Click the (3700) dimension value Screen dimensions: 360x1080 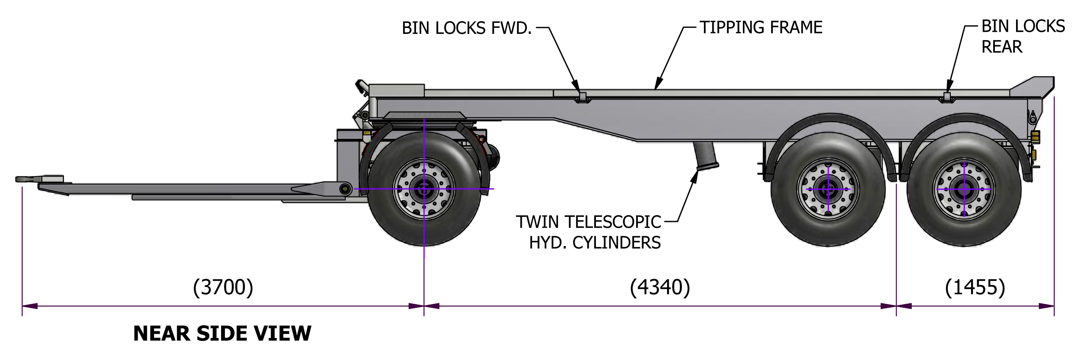click(x=223, y=288)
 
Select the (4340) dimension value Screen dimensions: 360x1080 click(x=660, y=288)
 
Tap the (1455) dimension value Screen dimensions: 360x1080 click(x=975, y=288)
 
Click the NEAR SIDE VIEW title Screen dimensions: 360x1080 click(x=222, y=333)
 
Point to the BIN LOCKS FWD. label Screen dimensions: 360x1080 click(x=466, y=28)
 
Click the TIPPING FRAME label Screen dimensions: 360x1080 click(x=761, y=28)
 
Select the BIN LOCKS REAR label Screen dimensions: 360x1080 click(x=1022, y=36)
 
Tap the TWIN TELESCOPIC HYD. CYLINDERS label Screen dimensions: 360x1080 click(x=589, y=232)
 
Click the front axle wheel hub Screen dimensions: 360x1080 click(x=424, y=189)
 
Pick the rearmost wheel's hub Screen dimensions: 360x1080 click(x=964, y=189)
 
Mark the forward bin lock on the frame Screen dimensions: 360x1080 click(x=582, y=97)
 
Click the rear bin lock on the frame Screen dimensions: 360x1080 click(x=947, y=97)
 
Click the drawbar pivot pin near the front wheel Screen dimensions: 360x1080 click(x=346, y=189)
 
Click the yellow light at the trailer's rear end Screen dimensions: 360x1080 click(x=1035, y=136)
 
